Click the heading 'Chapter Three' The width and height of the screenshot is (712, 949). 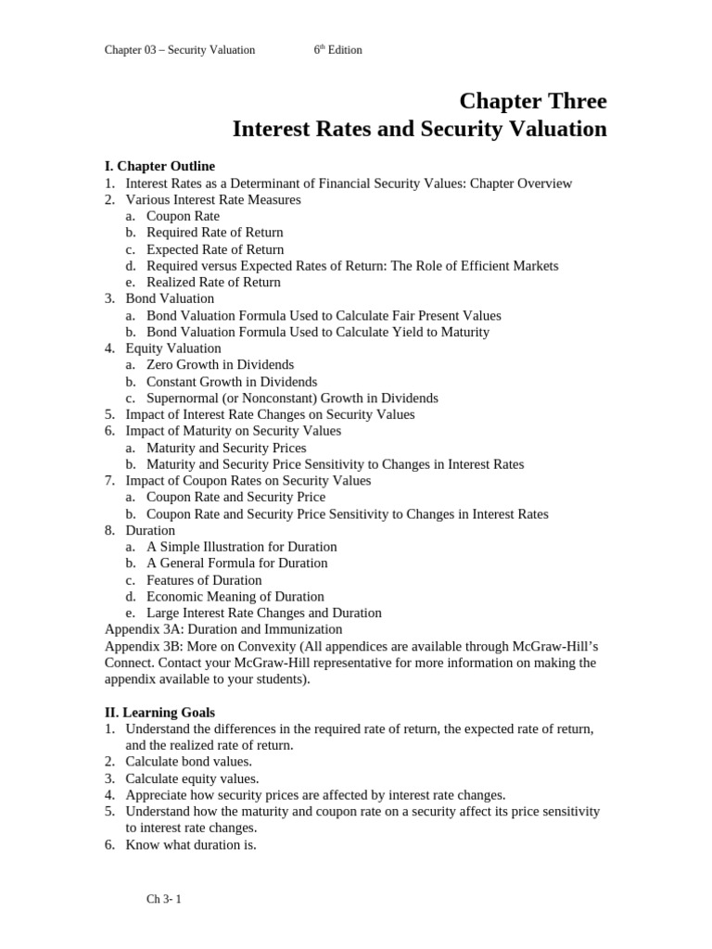[533, 100]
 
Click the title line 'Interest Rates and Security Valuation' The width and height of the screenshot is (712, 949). [419, 129]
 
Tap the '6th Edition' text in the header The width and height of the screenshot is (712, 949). [337, 50]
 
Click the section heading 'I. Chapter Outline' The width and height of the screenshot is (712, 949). [159, 166]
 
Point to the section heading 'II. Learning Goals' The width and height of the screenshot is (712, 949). [159, 713]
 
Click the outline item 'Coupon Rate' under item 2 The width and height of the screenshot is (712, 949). [183, 216]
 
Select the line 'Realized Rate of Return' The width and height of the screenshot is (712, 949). [213, 282]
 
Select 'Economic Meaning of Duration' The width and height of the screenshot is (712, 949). [235, 596]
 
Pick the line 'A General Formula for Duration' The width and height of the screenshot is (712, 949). [236, 563]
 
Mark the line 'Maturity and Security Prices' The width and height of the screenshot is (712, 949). [226, 448]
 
